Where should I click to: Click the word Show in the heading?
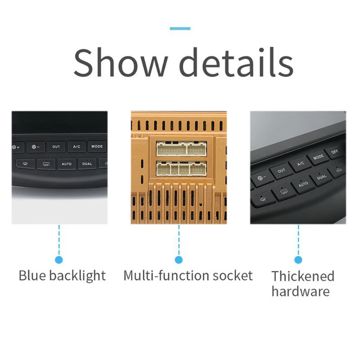pyautogui.click(x=121, y=63)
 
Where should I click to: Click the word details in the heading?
pyautogui.click(x=236, y=62)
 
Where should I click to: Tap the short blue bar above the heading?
pyautogui.click(x=180, y=28)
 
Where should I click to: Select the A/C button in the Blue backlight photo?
pyautogui.click(x=76, y=147)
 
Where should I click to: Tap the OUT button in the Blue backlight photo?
pyautogui.click(x=56, y=147)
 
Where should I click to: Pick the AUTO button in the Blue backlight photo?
pyautogui.click(x=67, y=164)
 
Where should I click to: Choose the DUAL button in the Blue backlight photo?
pyautogui.click(x=87, y=164)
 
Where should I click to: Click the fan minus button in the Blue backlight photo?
pyautogui.click(x=36, y=147)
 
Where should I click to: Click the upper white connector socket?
pyautogui.click(x=181, y=148)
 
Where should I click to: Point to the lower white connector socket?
pyautogui.click(x=181, y=168)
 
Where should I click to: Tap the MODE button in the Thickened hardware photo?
pyautogui.click(x=319, y=157)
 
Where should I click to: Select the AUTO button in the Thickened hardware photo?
pyautogui.click(x=303, y=184)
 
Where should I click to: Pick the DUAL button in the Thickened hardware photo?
pyautogui.click(x=322, y=177)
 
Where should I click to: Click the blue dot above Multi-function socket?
pyautogui.click(x=179, y=260)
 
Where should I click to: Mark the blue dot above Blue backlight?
pyautogui.click(x=59, y=260)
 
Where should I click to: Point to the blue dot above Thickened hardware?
pyautogui.click(x=298, y=260)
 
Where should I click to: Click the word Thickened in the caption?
pyautogui.click(x=303, y=276)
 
